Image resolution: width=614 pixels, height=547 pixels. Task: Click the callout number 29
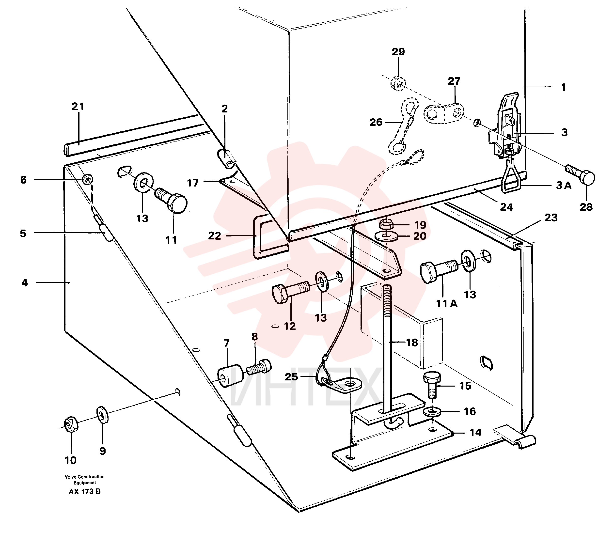(x=398, y=52)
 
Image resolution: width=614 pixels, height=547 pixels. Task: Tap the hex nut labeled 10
(x=71, y=424)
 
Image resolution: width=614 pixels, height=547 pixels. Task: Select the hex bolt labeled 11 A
(x=439, y=271)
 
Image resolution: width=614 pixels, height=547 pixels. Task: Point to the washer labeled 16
(x=432, y=412)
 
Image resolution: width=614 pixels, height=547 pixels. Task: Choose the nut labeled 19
(x=386, y=224)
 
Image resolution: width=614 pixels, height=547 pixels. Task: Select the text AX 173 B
(x=84, y=492)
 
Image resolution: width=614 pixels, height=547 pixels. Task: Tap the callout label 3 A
(x=564, y=186)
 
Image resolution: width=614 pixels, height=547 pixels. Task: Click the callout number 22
(x=214, y=236)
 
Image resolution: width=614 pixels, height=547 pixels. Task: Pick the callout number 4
(x=25, y=282)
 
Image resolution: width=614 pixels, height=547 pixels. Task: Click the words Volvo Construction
(x=84, y=477)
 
